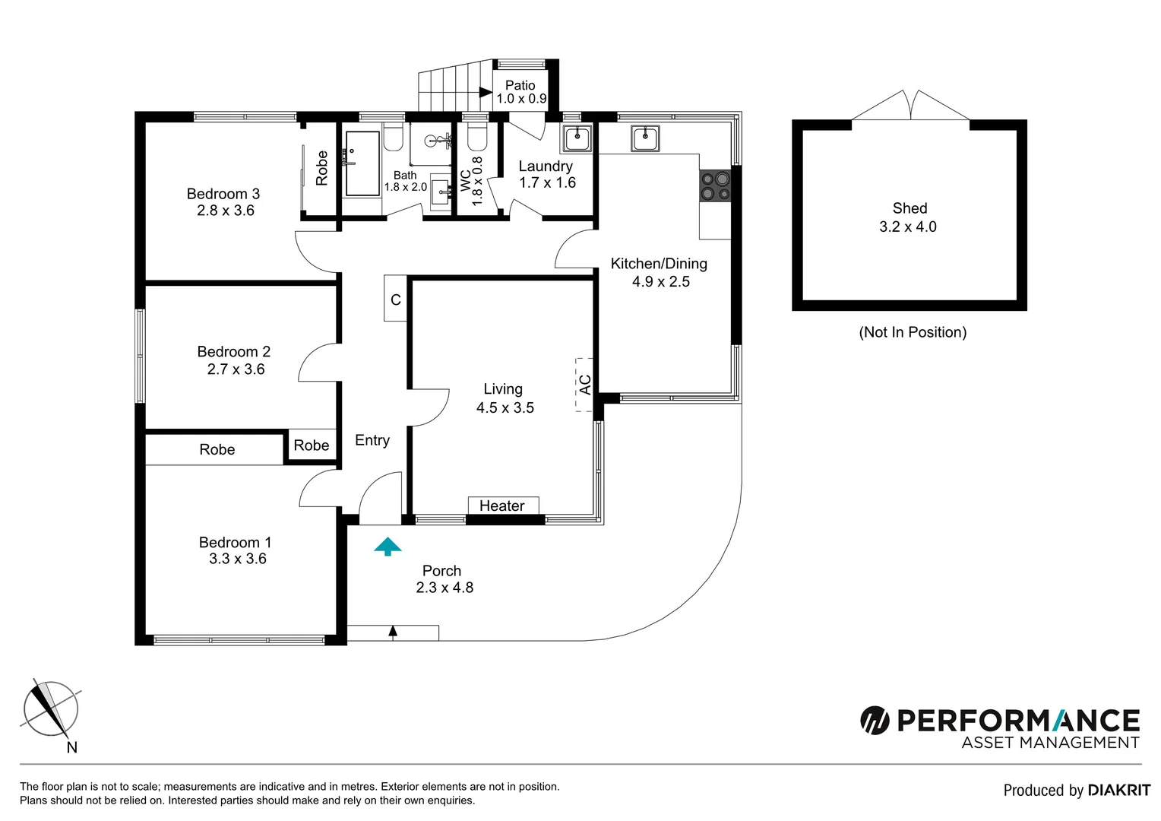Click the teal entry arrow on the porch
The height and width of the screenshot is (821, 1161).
388,546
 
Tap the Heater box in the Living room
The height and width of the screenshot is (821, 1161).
502,506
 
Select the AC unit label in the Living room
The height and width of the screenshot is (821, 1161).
584,385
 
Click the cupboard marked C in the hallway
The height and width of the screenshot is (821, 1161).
395,299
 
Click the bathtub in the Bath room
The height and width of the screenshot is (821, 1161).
362,163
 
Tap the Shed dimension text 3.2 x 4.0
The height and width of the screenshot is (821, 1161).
908,227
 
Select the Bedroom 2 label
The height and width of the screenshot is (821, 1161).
233,351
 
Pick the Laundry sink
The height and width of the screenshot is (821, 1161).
577,138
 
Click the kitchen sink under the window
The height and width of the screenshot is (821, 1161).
644,138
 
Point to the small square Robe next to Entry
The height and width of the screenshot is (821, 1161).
311,445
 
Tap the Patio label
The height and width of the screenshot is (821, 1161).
520,85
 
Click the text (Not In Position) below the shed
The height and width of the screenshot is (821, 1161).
913,332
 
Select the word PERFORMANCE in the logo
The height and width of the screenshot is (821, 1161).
1018,720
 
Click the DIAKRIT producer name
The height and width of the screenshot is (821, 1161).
1118,791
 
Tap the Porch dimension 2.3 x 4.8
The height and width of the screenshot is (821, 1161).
444,588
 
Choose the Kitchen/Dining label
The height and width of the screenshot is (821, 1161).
659,264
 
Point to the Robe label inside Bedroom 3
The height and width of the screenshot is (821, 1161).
321,168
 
